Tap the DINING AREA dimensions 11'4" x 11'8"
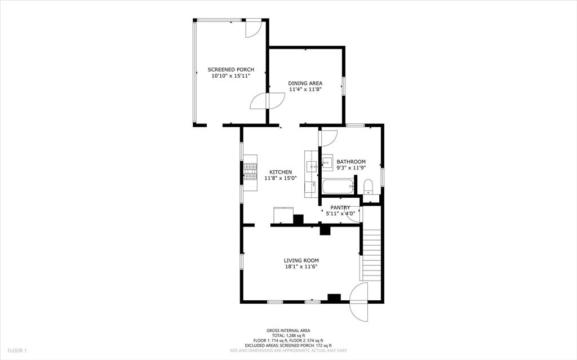click(305, 89)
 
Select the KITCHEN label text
click(280, 172)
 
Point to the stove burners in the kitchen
click(250, 171)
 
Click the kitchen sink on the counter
click(312, 166)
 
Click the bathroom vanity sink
click(327, 163)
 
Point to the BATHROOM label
click(351, 162)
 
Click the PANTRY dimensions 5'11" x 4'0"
click(340, 214)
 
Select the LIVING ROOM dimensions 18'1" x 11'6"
click(301, 266)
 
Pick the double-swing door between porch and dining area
click(268, 101)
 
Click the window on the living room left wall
click(242, 261)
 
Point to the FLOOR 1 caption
click(17, 350)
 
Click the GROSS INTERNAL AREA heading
click(288, 331)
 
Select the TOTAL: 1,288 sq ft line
click(288, 336)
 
